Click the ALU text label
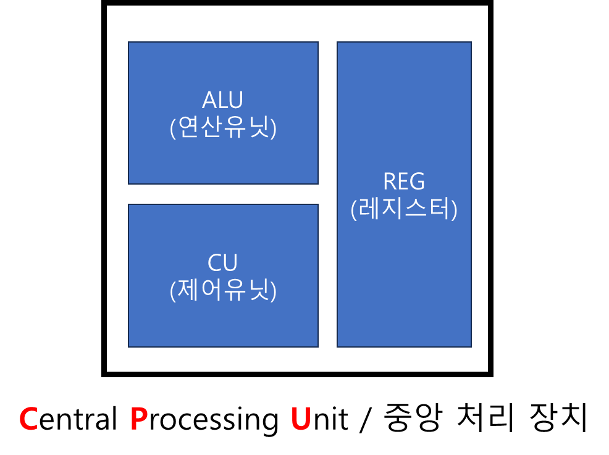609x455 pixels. (x=222, y=100)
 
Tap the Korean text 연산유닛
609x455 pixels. (x=223, y=128)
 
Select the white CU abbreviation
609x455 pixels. (x=222, y=263)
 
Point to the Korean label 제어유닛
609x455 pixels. (x=223, y=290)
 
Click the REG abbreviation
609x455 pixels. (x=404, y=182)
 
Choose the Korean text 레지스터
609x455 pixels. (x=404, y=209)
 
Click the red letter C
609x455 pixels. (x=28, y=420)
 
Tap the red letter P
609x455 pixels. (x=138, y=420)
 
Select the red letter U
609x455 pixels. (x=301, y=420)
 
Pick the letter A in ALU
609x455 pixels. (x=209, y=100)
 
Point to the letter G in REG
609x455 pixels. (x=418, y=182)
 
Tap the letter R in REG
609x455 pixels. (x=390, y=182)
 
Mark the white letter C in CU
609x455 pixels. (x=215, y=263)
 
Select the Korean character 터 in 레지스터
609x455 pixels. (x=440, y=209)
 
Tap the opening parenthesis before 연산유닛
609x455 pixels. (x=173, y=128)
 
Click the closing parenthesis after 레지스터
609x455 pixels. (x=455, y=210)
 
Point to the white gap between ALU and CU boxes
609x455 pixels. (x=223, y=194)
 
